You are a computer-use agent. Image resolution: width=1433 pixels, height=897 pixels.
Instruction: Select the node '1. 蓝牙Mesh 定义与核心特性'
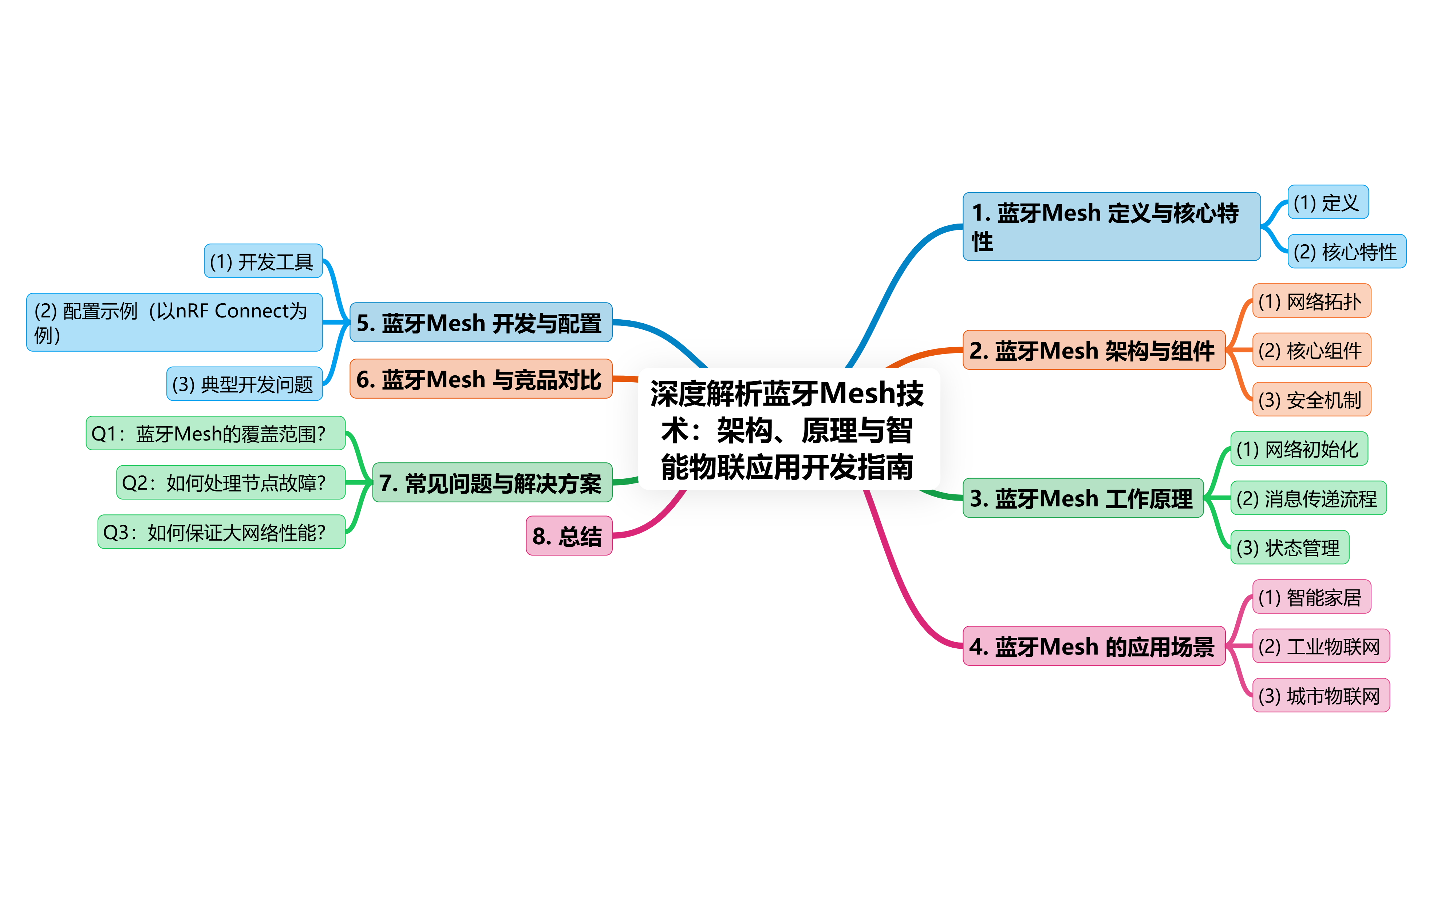coord(1111,226)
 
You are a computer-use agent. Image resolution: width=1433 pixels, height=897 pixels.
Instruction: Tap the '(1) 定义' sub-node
coord(1327,202)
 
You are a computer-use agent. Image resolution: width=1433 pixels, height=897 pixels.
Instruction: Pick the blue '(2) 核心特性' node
coord(1346,252)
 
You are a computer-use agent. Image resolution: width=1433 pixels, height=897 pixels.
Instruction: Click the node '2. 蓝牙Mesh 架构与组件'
coord(1093,350)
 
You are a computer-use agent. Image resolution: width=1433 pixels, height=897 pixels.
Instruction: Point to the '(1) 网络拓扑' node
coord(1311,301)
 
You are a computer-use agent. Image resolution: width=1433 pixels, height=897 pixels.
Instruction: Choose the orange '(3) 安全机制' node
coord(1311,399)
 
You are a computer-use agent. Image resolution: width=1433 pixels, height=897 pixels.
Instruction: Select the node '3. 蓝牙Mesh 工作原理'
coord(1082,498)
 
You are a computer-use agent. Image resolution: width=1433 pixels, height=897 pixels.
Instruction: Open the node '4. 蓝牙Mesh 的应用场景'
coord(1093,645)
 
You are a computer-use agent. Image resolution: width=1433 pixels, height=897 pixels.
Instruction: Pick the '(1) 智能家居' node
coord(1311,596)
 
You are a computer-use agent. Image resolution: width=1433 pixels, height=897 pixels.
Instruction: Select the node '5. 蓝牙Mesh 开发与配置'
coord(481,323)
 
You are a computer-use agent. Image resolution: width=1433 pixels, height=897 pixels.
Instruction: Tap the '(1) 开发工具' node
coord(263,261)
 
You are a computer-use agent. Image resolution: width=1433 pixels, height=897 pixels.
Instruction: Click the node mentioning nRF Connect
coord(174,322)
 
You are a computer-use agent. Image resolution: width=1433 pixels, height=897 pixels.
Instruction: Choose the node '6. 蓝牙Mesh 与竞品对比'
coord(481,379)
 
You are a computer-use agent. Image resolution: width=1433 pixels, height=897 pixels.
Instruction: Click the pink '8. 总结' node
coord(568,536)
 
